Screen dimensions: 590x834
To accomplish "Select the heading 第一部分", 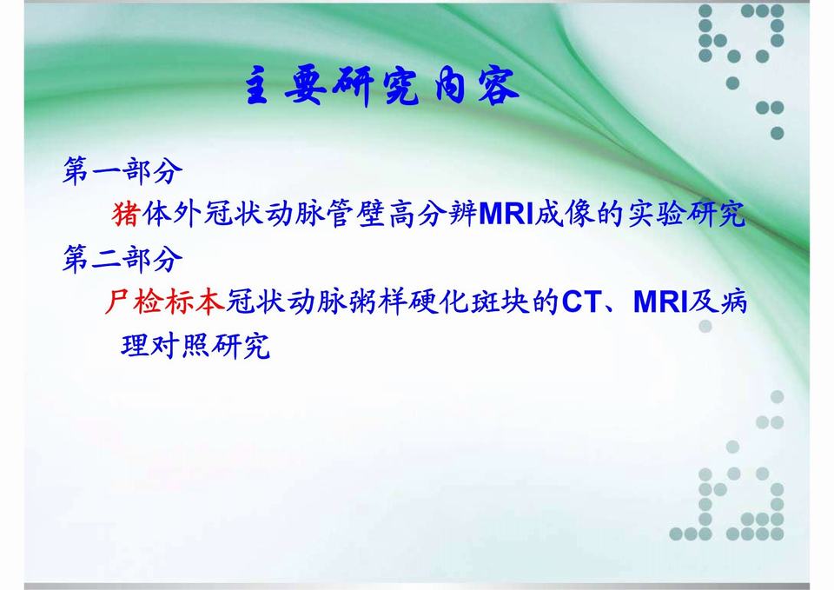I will pos(122,171).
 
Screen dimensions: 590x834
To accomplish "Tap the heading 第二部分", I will pos(122,258).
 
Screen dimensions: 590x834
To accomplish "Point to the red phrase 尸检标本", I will pos(165,302).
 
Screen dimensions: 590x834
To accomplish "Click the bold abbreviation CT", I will pos(582,302).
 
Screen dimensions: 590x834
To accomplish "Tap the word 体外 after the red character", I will pos(173,214).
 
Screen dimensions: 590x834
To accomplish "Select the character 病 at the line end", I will pos(732,302).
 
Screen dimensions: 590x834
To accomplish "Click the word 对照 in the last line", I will pos(180,346).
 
